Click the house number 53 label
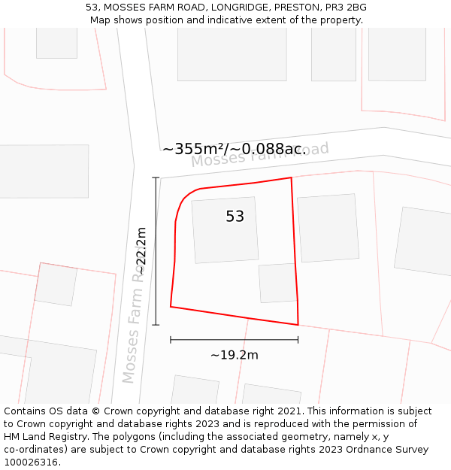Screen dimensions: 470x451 (x=235, y=217)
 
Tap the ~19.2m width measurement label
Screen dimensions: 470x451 (x=234, y=355)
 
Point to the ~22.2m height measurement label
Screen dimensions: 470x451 (x=141, y=251)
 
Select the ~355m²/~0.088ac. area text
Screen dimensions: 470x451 (x=234, y=149)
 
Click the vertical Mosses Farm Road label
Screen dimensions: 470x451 (x=132, y=327)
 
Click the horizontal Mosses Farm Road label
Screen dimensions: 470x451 (x=260, y=155)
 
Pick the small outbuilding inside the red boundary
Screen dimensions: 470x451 (x=278, y=283)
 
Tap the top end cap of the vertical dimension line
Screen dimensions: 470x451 (x=156, y=177)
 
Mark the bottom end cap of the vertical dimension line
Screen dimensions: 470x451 (x=156, y=325)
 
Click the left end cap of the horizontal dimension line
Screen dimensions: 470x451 (x=171, y=340)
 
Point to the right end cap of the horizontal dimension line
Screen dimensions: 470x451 (x=298, y=340)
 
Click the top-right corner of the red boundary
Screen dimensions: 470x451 (x=291, y=178)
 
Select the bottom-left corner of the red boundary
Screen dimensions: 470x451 (x=171, y=307)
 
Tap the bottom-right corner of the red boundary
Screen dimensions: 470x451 (x=298, y=325)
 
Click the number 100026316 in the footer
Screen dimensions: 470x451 (x=31, y=462)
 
